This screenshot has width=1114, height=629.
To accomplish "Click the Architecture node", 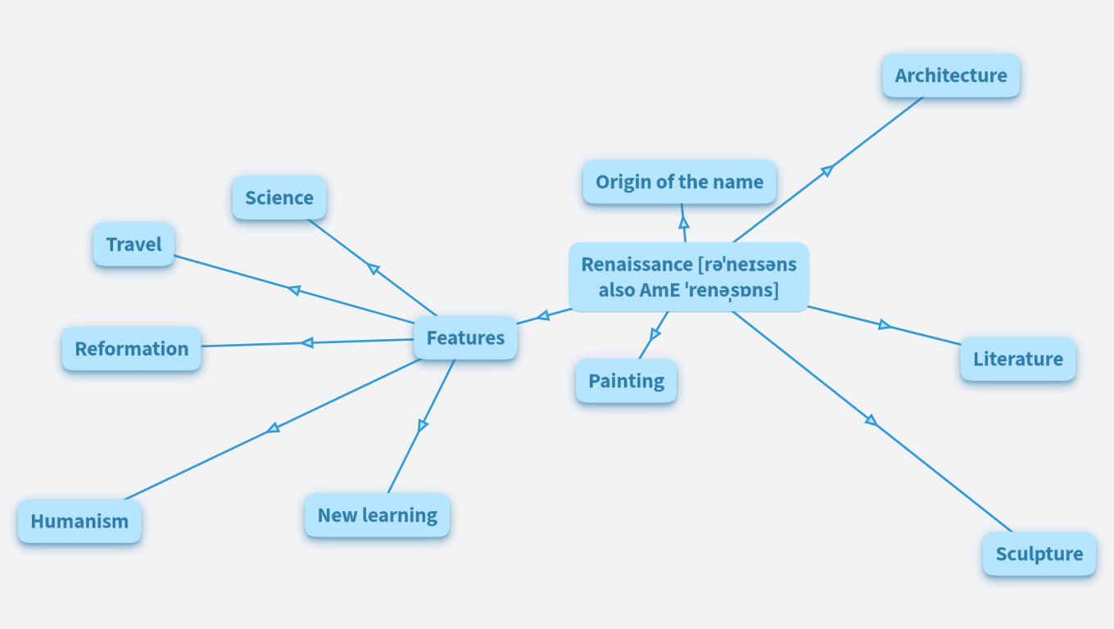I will pyautogui.click(x=950, y=75).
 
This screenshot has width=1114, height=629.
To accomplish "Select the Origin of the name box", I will pyautogui.click(x=679, y=182).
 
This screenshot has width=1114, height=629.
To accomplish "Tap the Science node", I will pyautogui.click(x=278, y=197).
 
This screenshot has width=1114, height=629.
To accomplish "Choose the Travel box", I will pyautogui.click(x=134, y=244).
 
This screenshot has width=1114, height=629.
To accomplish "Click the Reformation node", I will pyautogui.click(x=131, y=349).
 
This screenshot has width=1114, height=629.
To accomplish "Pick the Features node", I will pyautogui.click(x=465, y=337).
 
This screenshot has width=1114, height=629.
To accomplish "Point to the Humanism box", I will pyautogui.click(x=79, y=521).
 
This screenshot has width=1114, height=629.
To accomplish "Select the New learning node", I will pyautogui.click(x=377, y=515).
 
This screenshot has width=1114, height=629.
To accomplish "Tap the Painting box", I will pyautogui.click(x=626, y=381).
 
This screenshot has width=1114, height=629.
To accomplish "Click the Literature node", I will pyautogui.click(x=1017, y=359).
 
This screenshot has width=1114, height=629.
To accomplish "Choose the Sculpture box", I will pyautogui.click(x=1039, y=554).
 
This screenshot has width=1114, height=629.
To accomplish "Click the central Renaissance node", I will pyautogui.click(x=688, y=277).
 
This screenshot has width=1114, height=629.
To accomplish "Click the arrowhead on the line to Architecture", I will pyautogui.click(x=827, y=170).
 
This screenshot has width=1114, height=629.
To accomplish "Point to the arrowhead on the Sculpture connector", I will pyautogui.click(x=872, y=421).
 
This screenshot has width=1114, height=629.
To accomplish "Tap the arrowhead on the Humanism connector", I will pyautogui.click(x=274, y=428).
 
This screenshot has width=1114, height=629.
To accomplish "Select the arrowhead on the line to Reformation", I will pyautogui.click(x=307, y=342).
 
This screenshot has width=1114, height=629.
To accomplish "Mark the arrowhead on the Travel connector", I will pyautogui.click(x=294, y=289).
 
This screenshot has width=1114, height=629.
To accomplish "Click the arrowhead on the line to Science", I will pyautogui.click(x=374, y=269).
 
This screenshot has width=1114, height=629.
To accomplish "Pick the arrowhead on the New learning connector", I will pyautogui.click(x=423, y=425).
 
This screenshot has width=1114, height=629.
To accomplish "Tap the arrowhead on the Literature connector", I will pyautogui.click(x=884, y=325).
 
